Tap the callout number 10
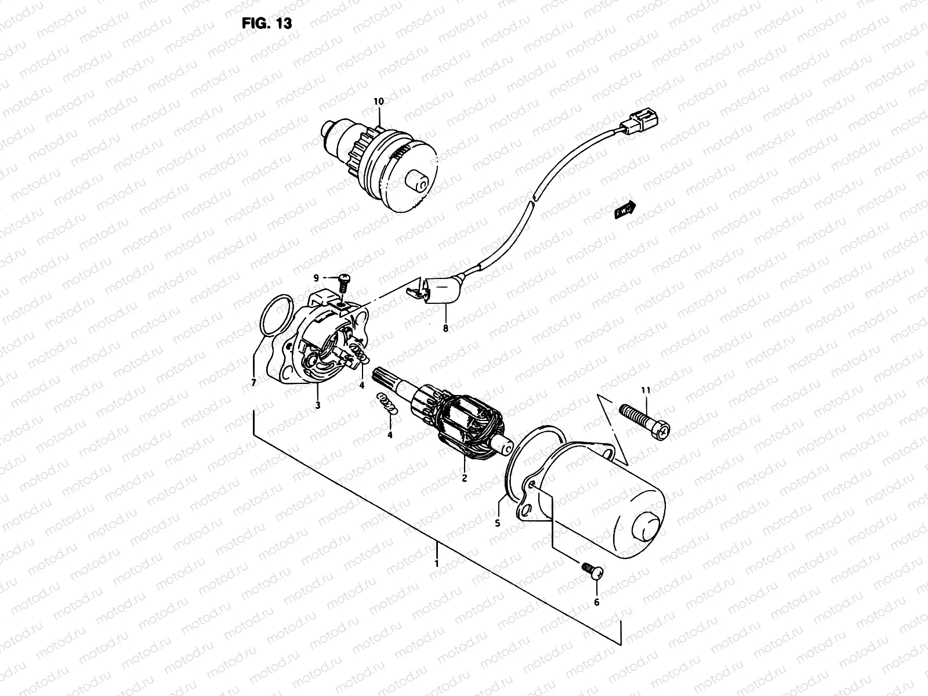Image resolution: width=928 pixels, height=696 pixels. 378,101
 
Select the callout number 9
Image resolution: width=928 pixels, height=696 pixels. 317,278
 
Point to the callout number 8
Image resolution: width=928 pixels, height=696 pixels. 445,329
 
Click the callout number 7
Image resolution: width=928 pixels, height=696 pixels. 253,383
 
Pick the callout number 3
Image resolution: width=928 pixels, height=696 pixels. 318,405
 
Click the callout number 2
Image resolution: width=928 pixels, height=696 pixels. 464,478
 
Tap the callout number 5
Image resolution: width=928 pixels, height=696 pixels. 497,523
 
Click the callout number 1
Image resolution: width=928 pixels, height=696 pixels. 437,563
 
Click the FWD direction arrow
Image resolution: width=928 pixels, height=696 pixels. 626,210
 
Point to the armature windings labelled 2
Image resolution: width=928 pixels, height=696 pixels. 470,420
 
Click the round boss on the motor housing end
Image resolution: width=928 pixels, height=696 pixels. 647,527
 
